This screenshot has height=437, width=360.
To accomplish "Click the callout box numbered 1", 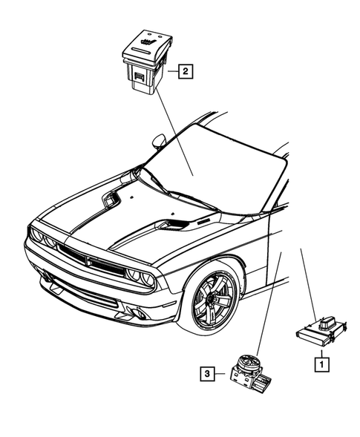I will click(321, 364).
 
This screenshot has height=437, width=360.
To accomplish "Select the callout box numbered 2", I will click(184, 71).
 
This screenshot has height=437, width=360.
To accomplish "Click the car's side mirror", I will click(158, 140).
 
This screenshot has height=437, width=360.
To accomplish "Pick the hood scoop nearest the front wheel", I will click(177, 224).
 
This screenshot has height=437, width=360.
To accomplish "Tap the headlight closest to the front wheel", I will click(137, 275).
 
